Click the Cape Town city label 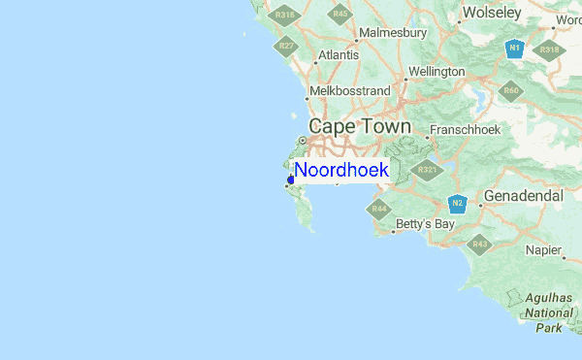pyautogui.click(x=359, y=127)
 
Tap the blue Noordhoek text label pyautogui.click(x=341, y=170)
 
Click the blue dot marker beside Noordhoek pyautogui.click(x=291, y=180)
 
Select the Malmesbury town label pyautogui.click(x=393, y=33)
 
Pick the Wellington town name pyautogui.click(x=436, y=72)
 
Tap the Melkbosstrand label pyautogui.click(x=349, y=92)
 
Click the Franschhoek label pyautogui.click(x=464, y=128)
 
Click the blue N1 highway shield pyautogui.click(x=515, y=48)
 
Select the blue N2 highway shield pyautogui.click(x=458, y=203)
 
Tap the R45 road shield pyautogui.click(x=339, y=14)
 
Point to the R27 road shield pyautogui.click(x=286, y=46)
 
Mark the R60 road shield pyautogui.click(x=511, y=91)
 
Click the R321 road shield pyautogui.click(x=427, y=170)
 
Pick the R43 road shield pyautogui.click(x=479, y=245)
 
